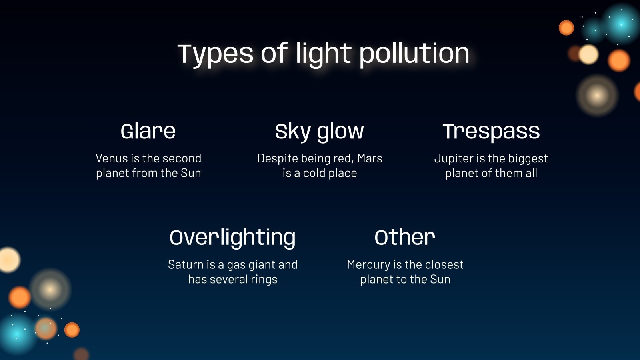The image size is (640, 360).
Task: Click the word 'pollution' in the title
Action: click(414, 54)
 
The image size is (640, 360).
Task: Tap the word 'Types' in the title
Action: click(215, 54)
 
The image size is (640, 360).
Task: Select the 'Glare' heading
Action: click(148, 131)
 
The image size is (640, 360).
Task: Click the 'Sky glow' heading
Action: click(319, 131)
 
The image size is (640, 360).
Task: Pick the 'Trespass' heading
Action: click(491, 131)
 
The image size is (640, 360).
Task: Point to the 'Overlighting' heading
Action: click(232, 238)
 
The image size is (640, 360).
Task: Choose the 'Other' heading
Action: click(405, 238)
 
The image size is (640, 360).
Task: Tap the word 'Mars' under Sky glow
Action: click(370, 158)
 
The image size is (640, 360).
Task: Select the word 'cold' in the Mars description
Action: click(314, 173)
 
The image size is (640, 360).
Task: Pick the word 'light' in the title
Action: click(323, 54)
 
